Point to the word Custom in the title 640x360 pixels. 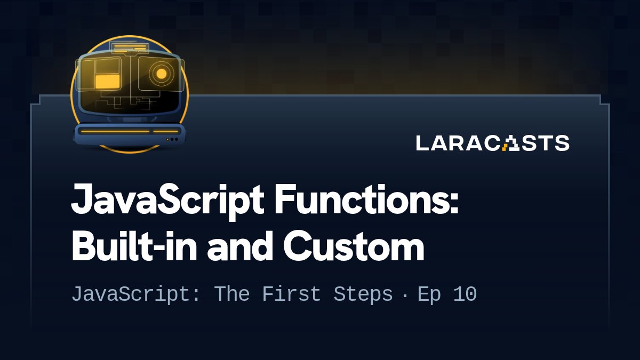353,247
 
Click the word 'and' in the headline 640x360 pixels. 239,247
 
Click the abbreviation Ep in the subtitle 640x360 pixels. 429,294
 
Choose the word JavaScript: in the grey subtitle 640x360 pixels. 137,294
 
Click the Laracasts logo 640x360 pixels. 492,143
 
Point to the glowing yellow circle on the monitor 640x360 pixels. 161,73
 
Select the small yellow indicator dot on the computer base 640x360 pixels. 168,139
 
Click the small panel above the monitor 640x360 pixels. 130,49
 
